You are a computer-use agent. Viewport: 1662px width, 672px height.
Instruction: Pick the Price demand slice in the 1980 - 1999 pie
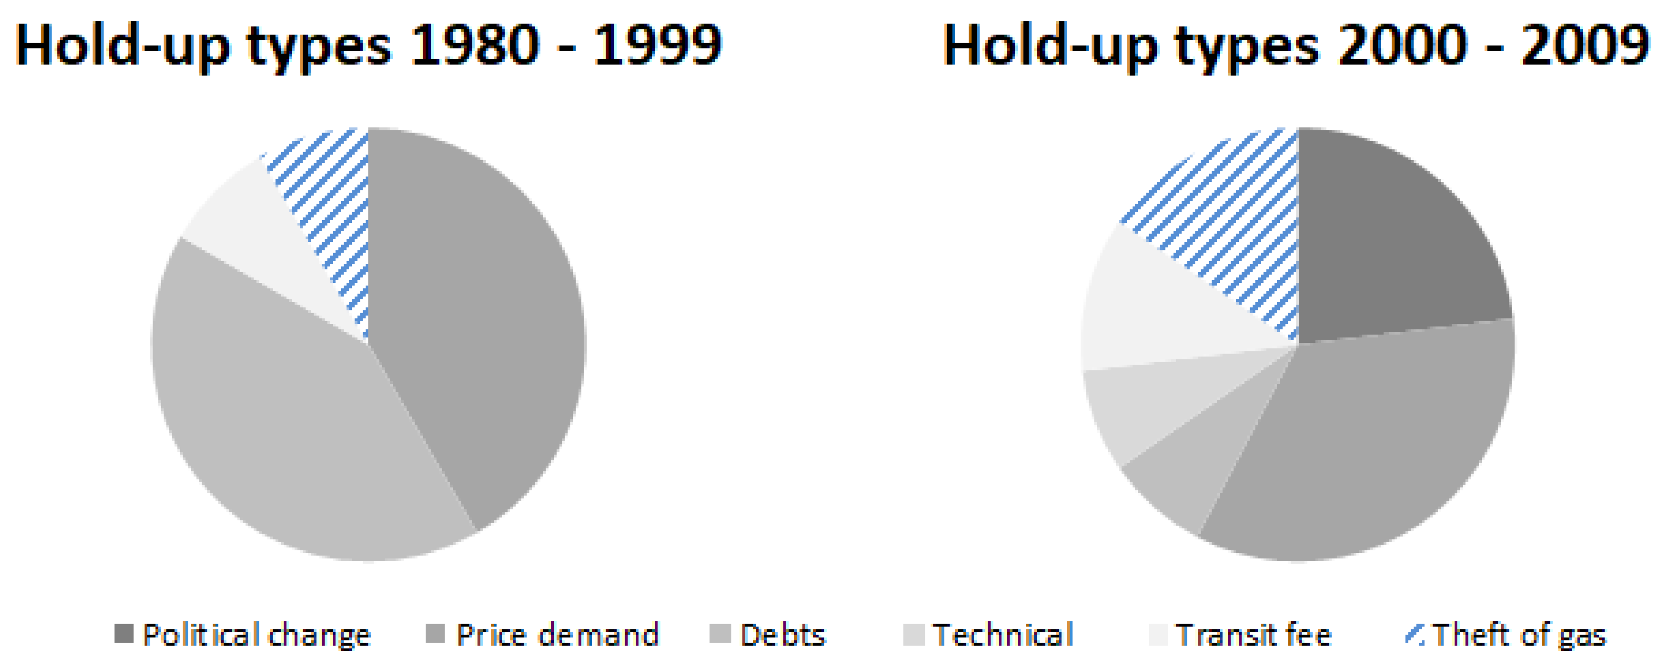[x=477, y=322]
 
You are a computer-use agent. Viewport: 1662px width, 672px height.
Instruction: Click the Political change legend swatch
[x=123, y=634]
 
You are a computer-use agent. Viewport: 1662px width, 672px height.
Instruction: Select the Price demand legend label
[x=557, y=635]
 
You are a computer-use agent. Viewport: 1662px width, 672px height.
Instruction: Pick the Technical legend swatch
[x=914, y=634]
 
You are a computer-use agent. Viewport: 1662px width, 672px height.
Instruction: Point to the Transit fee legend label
[x=1254, y=635]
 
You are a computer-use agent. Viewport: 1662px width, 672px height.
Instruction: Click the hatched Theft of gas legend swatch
[x=1414, y=634]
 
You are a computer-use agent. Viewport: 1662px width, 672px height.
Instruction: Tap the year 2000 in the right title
[x=1403, y=45]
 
